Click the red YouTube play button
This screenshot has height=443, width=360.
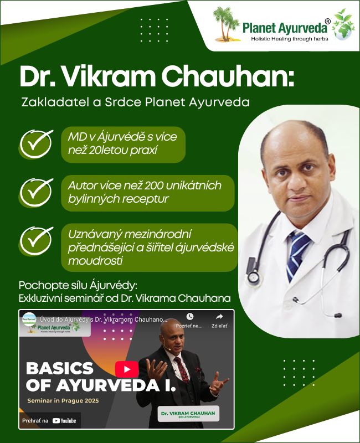[127, 369]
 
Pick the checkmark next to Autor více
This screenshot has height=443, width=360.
[36, 192]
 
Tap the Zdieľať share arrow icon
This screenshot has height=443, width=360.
[219, 317]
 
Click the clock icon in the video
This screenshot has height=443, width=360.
[190, 317]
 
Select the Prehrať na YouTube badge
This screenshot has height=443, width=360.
[49, 421]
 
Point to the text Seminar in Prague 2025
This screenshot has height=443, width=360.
[63, 400]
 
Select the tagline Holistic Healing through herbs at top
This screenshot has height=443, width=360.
[289, 39]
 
